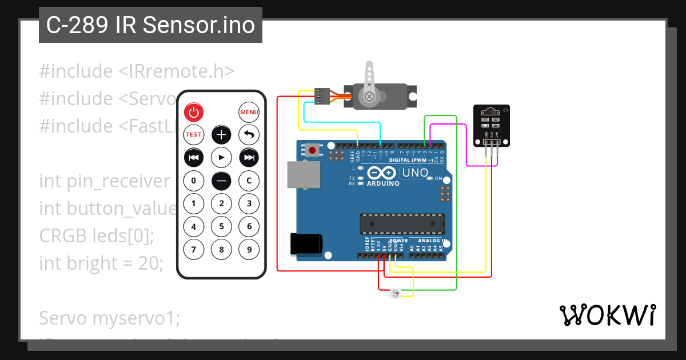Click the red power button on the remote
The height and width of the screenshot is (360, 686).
click(194, 113)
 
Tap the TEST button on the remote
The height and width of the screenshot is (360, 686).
click(194, 135)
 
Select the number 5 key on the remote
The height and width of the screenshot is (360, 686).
click(221, 226)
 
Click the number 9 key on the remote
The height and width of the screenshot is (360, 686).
click(249, 249)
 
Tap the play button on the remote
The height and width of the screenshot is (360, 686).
click(221, 157)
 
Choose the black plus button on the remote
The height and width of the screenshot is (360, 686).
click(221, 135)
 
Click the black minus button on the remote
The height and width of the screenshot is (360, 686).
click(221, 181)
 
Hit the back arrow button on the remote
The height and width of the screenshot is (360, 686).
click(249, 135)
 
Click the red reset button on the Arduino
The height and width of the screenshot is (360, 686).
click(312, 151)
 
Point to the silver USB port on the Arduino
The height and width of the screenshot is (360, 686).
click(303, 175)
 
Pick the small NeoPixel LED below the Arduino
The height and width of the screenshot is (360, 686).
click(395, 294)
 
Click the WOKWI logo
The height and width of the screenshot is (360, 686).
click(607, 315)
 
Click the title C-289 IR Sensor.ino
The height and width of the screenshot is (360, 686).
click(150, 25)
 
